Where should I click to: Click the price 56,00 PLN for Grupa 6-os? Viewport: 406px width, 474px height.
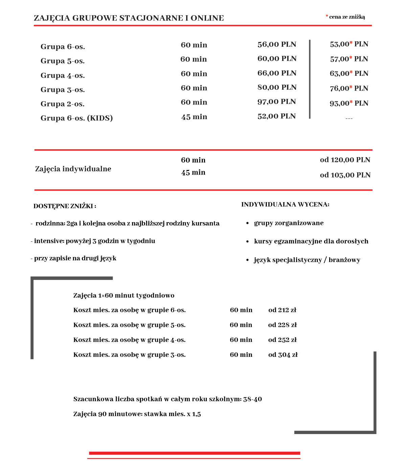pyautogui.click(x=277, y=44)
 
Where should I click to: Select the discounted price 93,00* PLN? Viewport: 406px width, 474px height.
pyautogui.click(x=349, y=103)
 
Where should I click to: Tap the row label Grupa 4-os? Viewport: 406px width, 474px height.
pyautogui.click(x=63, y=76)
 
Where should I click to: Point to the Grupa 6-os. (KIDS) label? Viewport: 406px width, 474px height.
pyautogui.click(x=76, y=118)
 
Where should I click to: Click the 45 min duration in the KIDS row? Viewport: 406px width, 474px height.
pyautogui.click(x=194, y=117)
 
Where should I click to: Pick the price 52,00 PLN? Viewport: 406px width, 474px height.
pyautogui.click(x=276, y=116)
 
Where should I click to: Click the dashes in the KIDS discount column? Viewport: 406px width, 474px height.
pyautogui.click(x=349, y=118)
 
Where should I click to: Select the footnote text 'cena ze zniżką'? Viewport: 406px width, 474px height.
pyautogui.click(x=347, y=17)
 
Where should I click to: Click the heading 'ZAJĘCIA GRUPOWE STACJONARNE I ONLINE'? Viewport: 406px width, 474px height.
pyautogui.click(x=129, y=18)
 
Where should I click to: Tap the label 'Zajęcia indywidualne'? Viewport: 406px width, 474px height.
pyautogui.click(x=73, y=169)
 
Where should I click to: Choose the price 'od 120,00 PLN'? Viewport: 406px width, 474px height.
pyautogui.click(x=345, y=160)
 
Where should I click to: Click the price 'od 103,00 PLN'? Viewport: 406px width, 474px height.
pyautogui.click(x=345, y=175)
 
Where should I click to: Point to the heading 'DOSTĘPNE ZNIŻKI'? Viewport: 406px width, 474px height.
pyautogui.click(x=65, y=206)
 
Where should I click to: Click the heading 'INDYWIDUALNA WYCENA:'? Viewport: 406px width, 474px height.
pyautogui.click(x=285, y=204)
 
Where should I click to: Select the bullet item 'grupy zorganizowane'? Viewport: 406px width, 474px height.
pyautogui.click(x=289, y=223)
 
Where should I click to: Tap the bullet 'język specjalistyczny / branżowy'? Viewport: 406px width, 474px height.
pyautogui.click(x=307, y=260)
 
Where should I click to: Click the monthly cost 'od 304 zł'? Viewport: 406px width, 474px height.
pyautogui.click(x=283, y=355)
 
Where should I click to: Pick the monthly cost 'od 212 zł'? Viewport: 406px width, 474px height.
pyautogui.click(x=282, y=310)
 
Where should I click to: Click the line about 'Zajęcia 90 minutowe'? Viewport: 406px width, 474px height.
pyautogui.click(x=137, y=414)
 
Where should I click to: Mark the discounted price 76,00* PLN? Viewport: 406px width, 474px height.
pyautogui.click(x=349, y=88)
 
